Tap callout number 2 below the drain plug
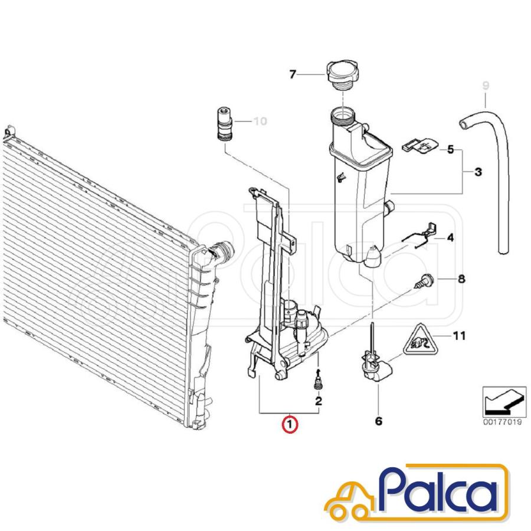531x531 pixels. tap(319, 401)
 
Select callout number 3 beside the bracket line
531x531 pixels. tap(478, 172)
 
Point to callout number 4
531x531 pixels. tap(450, 238)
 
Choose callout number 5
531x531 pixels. tap(450, 149)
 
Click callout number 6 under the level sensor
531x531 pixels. tap(379, 421)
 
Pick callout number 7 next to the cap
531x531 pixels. tap(293, 74)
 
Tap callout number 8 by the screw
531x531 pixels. tap(461, 279)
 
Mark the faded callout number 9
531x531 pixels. tap(486, 86)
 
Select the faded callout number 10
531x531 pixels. tap(260, 121)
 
